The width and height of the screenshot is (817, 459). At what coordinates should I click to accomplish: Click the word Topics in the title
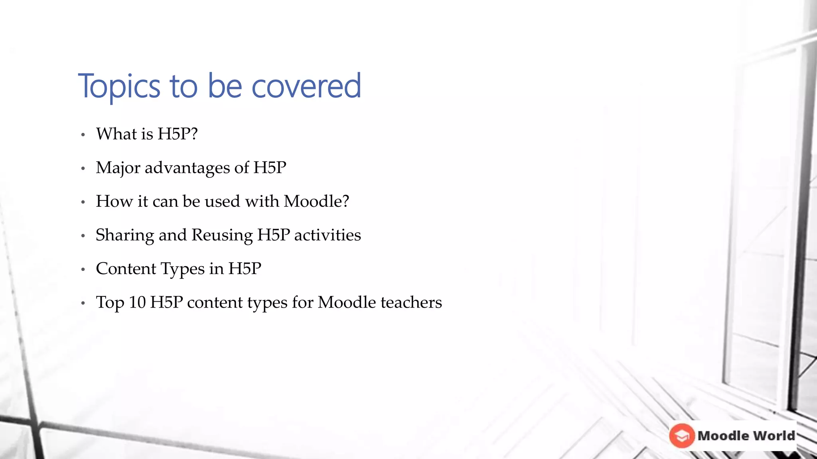tap(119, 86)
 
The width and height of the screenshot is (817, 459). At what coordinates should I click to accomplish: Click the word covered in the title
tap(306, 86)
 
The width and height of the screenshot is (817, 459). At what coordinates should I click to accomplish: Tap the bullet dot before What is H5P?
tap(83, 135)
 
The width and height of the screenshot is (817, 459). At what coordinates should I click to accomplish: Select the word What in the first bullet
tap(116, 134)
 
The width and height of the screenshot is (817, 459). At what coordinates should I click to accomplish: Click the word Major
tap(118, 168)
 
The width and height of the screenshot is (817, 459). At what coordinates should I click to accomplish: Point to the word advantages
tap(187, 168)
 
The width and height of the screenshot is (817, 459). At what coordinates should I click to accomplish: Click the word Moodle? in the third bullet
tap(316, 201)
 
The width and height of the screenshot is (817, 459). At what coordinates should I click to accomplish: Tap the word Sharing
tap(124, 235)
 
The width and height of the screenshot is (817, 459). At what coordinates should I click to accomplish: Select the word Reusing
tap(222, 235)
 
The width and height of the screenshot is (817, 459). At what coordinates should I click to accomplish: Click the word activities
tap(328, 235)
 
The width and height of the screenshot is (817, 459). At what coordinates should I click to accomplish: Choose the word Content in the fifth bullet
tap(126, 269)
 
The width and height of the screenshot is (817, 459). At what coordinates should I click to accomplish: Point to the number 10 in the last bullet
tap(137, 302)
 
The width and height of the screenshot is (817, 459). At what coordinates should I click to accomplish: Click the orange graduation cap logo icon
tap(682, 435)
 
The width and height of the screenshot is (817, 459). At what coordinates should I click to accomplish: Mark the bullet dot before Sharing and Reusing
tap(83, 236)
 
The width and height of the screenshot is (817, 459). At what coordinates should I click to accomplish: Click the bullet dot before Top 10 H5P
tap(83, 304)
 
